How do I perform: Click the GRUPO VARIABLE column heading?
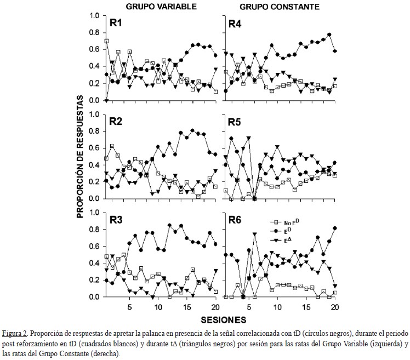click(x=161, y=7)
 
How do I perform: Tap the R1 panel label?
click(x=116, y=23)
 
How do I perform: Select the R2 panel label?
click(x=116, y=121)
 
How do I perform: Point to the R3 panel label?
click(x=116, y=220)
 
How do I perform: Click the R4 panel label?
click(x=235, y=23)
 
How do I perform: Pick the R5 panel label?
click(x=235, y=121)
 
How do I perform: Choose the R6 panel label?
click(x=235, y=220)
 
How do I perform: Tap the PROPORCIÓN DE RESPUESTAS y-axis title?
click(x=80, y=156)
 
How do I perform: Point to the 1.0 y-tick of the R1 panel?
click(x=94, y=16)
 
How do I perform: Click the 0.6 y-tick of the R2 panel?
click(x=94, y=148)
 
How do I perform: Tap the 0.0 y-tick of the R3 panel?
click(x=94, y=297)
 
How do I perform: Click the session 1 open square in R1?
click(x=106, y=41)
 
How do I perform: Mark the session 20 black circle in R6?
click(x=334, y=228)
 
